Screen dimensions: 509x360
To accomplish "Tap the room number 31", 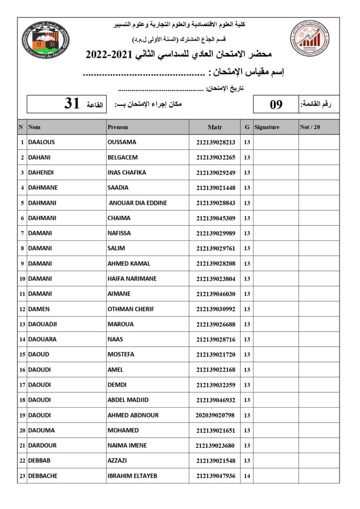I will [72, 104].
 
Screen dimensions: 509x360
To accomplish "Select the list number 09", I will [276, 104].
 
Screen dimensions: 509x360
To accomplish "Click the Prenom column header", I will [118, 127].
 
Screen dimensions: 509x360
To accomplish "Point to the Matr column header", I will [215, 127].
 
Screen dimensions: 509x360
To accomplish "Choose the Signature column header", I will [267, 127].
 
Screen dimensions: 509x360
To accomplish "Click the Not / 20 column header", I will [310, 127].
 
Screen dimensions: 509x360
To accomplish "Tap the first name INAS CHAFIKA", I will [127, 172].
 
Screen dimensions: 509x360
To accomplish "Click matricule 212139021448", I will [215, 187].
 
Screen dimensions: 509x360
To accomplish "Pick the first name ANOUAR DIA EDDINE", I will [138, 203].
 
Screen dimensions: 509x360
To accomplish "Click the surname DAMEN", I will [39, 309].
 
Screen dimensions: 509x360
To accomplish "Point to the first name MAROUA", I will [120, 324].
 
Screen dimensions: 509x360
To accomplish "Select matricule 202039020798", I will [215, 415].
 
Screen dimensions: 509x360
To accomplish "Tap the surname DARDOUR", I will [42, 445].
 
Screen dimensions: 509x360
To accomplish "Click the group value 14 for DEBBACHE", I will [247, 476].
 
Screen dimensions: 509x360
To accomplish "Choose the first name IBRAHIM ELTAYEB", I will [132, 476].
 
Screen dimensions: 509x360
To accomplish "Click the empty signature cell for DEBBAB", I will [275, 461].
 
